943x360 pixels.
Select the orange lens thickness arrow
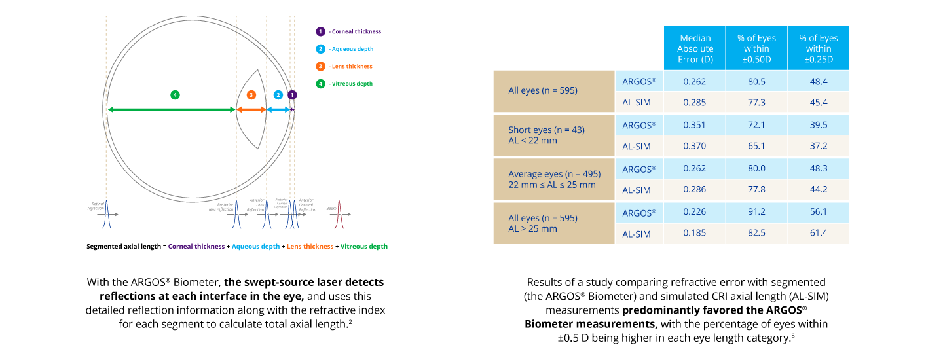point(251,109)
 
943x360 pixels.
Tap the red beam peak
point(339,215)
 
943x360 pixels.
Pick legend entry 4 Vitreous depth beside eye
point(344,84)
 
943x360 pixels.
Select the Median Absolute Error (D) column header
point(695,48)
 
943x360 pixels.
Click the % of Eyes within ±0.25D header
point(819,48)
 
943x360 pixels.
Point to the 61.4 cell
point(818,234)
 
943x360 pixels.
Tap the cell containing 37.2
point(818,147)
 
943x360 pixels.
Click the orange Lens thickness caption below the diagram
point(310,247)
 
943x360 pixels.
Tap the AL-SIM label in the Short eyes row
point(637,147)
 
